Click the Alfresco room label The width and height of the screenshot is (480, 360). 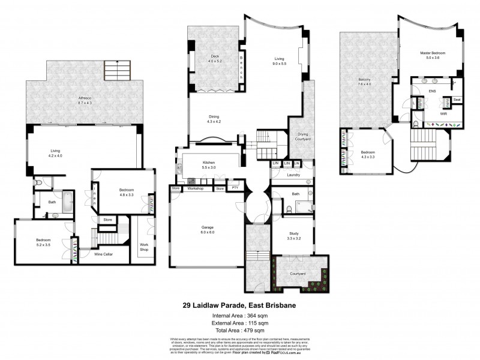point(84,99)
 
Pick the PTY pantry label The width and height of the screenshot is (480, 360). point(235,188)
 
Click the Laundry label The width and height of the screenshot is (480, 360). point(293,175)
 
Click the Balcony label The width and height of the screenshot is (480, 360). point(364,82)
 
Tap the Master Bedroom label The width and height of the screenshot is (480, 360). point(431,55)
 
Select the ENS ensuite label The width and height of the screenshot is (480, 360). point(431,92)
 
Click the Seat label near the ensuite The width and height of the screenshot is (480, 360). point(457,100)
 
